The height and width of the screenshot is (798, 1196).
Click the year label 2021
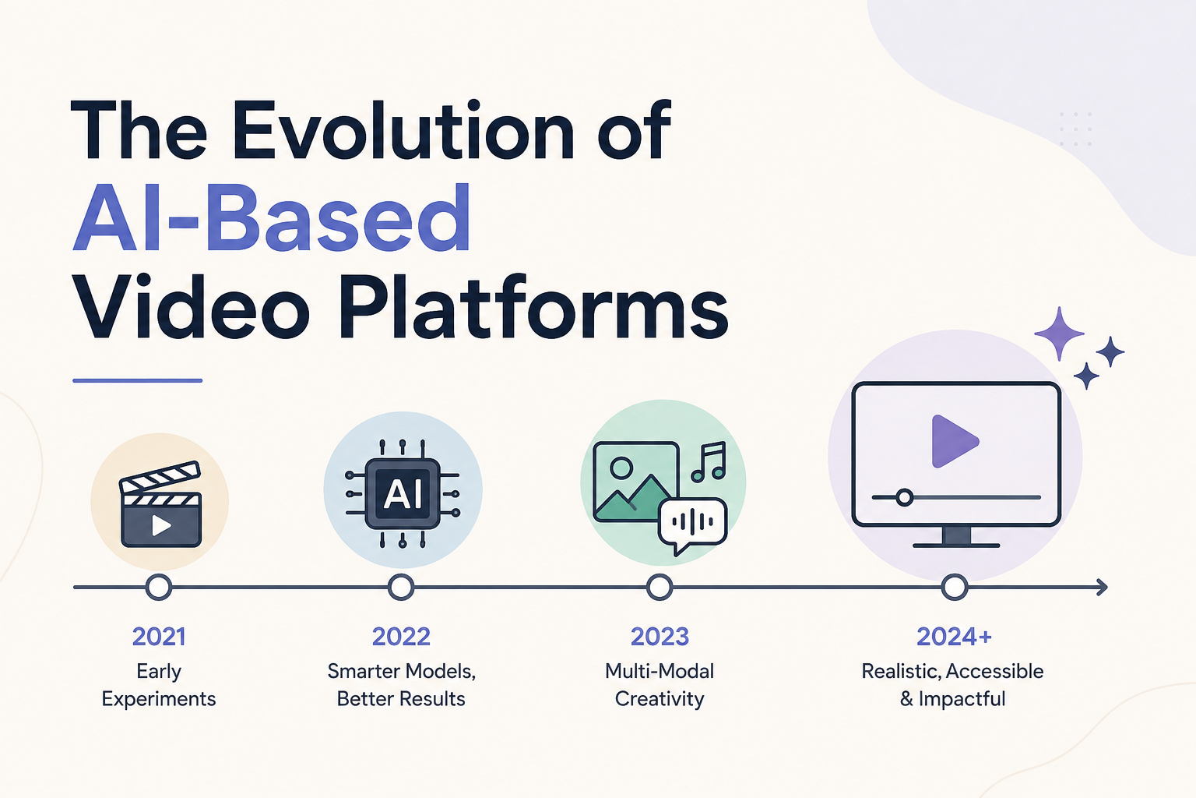[x=159, y=637]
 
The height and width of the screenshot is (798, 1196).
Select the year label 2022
[x=401, y=637]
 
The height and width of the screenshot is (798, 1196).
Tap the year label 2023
[x=660, y=637]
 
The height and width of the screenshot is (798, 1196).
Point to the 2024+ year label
[x=954, y=637]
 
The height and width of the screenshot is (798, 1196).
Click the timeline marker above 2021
[x=159, y=588]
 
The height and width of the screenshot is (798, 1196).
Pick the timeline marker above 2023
[x=660, y=588]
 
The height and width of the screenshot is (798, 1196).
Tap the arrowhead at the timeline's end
[x=1103, y=588]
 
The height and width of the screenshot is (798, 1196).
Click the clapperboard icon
[x=160, y=504]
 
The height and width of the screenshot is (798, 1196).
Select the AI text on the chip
[x=403, y=493]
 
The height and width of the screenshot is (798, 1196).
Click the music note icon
[x=709, y=462]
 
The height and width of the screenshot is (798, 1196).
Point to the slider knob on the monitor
[x=905, y=498]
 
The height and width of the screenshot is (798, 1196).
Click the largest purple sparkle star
[x=1059, y=334]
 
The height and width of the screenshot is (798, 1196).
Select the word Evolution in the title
[x=403, y=131]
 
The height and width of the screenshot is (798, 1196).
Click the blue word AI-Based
[x=272, y=218]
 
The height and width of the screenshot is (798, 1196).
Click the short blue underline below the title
[x=137, y=380]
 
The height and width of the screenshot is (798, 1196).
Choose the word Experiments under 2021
[x=159, y=699]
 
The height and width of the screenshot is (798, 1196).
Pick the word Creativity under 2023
[x=660, y=699]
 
